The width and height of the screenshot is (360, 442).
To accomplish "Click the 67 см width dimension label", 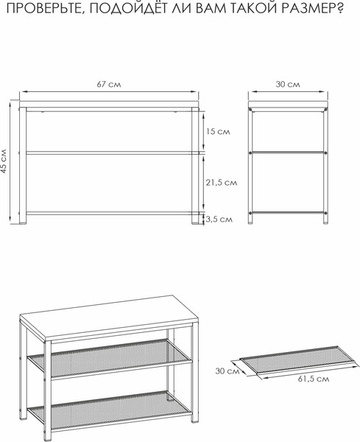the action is pos(109,84).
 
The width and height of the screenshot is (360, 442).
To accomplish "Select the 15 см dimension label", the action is pos(218,131).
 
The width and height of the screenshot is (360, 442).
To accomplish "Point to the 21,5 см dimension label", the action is pos(221,183).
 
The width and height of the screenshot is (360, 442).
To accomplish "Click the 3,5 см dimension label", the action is pos(219,220).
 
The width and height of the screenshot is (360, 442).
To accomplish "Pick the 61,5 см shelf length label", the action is pos(313,379).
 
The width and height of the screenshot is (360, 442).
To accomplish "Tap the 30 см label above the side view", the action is pos(288,84).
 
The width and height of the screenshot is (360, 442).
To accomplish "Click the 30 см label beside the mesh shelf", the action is pos(227,371).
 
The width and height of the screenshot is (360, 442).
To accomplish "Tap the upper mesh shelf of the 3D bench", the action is pos(110,359).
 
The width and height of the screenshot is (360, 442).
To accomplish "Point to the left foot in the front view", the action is pos(23,220).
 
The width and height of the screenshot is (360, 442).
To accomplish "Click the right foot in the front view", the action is pos(195,220).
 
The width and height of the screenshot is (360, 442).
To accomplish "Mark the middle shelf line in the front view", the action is pos(109,152).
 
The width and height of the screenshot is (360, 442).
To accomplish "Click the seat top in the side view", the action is pos(288,104).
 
